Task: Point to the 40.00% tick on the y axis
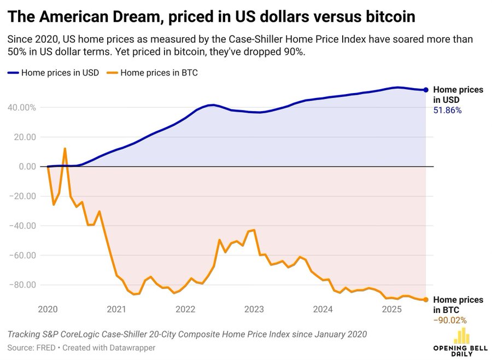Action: click(22, 107)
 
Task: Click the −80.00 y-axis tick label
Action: click(22, 284)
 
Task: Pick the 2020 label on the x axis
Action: click(48, 310)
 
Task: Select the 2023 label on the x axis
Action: click(254, 310)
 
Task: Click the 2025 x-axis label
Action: click(391, 310)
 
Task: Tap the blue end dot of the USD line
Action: click(426, 90)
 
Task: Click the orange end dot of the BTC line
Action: click(426, 299)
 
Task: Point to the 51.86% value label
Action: click(447, 111)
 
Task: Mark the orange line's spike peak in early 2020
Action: click(65, 148)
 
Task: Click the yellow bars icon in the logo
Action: click(462, 335)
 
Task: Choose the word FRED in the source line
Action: click(43, 347)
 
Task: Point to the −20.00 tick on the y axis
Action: click(22, 196)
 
